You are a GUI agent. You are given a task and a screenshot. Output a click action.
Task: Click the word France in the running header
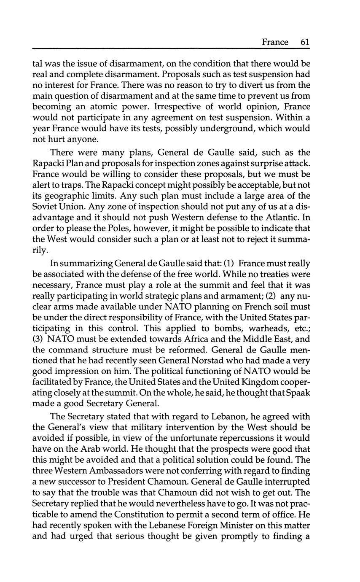(275, 42)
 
